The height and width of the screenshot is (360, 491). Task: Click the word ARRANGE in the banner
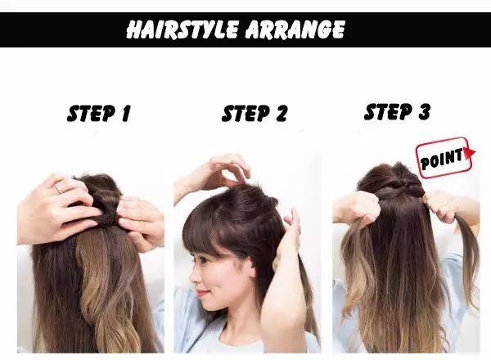click(295, 29)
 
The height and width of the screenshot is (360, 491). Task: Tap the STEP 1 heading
click(99, 114)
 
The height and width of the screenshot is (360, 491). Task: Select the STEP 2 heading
click(254, 114)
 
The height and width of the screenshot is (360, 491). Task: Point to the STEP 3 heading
click(397, 112)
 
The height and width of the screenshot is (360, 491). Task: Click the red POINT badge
click(444, 157)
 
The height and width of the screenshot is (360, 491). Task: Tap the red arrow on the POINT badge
click(470, 153)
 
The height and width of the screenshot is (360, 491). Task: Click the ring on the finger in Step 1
click(58, 189)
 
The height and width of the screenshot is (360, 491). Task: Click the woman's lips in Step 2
click(201, 294)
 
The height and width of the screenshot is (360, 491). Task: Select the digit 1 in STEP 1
click(125, 114)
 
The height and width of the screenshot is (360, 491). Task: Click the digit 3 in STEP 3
click(424, 112)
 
